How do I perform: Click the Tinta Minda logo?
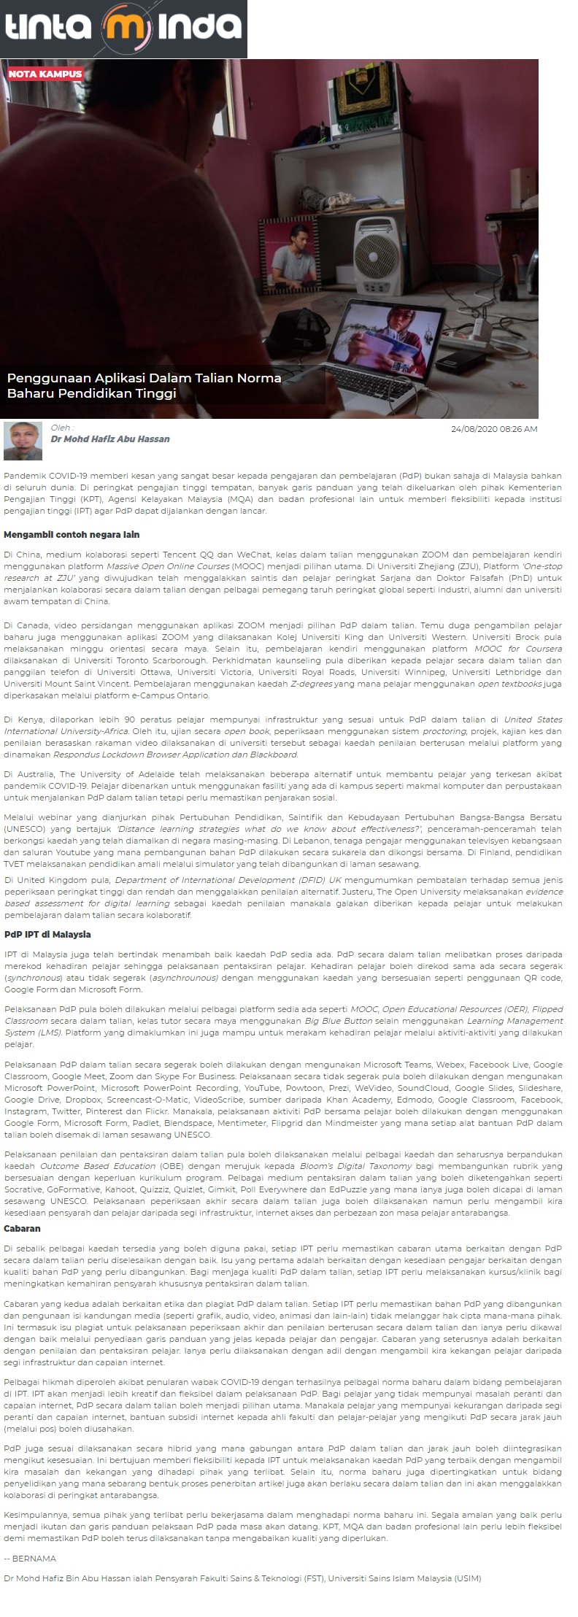123,28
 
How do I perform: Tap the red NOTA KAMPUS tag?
45,74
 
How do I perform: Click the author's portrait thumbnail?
23,441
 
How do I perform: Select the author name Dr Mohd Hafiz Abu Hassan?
110,439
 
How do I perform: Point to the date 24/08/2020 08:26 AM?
494,429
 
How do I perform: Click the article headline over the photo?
144,385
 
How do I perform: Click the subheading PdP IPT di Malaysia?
47,934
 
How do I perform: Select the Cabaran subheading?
22,1229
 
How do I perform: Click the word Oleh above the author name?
61,428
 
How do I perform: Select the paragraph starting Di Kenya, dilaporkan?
283,736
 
